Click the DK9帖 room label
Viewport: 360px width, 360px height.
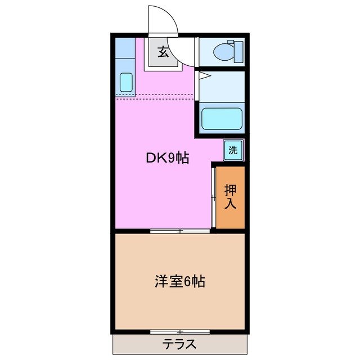point(168,159)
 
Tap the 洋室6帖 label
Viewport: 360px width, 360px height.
point(179,281)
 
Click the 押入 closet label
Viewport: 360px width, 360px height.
point(231,197)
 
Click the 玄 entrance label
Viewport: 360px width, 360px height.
point(163,53)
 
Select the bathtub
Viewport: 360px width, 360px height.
point(222,119)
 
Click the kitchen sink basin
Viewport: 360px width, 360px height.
point(126,82)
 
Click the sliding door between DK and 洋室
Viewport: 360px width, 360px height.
point(180,231)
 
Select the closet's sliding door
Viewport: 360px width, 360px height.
point(214,197)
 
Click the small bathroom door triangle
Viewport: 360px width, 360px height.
point(204,74)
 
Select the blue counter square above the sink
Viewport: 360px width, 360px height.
point(124,47)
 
